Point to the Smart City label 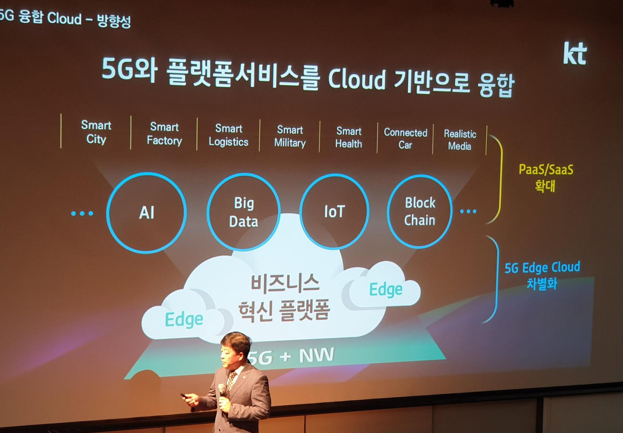click(x=96, y=132)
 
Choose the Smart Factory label click(x=164, y=134)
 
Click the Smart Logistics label click(x=228, y=135)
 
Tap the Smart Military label click(x=290, y=136)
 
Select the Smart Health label click(x=349, y=137)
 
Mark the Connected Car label click(x=406, y=138)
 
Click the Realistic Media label click(x=460, y=140)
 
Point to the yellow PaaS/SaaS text click(x=546, y=169)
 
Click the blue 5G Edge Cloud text click(x=542, y=268)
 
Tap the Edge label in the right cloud click(x=386, y=290)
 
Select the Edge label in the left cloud click(x=184, y=320)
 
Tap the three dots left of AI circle click(x=82, y=214)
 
